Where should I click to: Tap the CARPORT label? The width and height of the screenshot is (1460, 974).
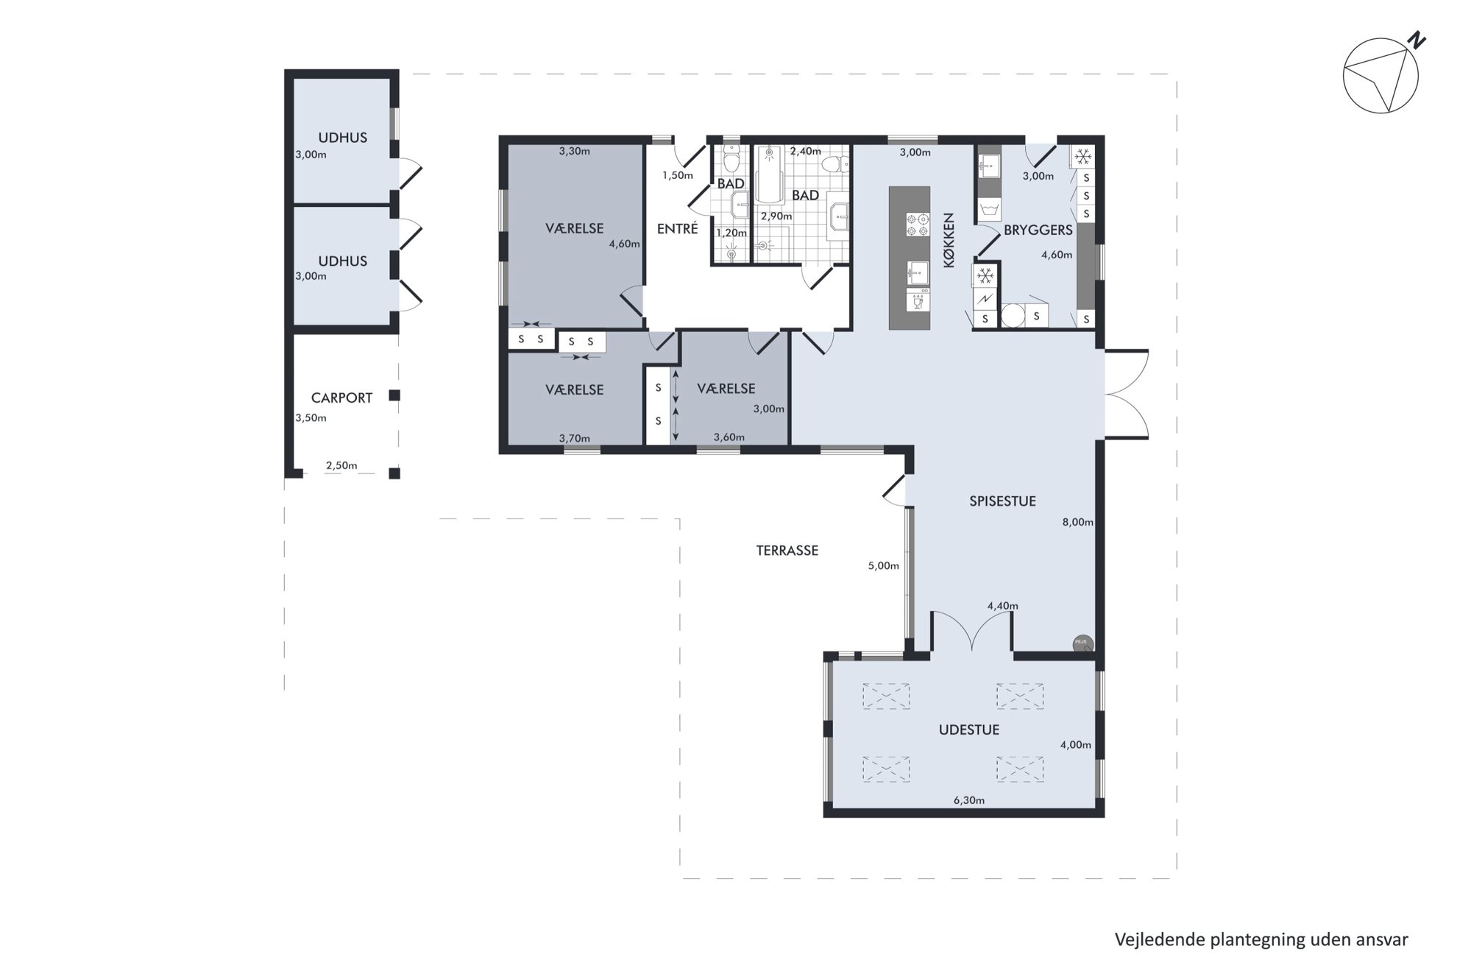pyautogui.click(x=341, y=398)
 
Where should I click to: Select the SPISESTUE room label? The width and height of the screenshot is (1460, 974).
pyautogui.click(x=1002, y=501)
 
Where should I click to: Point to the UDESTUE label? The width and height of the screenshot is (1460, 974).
pyautogui.click(x=969, y=730)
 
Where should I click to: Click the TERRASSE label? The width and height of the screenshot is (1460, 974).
pyautogui.click(x=787, y=551)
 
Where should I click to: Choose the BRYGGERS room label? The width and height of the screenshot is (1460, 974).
pyautogui.click(x=1038, y=230)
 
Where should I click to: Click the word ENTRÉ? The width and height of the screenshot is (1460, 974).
pyautogui.click(x=677, y=229)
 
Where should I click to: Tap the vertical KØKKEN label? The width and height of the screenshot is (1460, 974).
pyautogui.click(x=949, y=240)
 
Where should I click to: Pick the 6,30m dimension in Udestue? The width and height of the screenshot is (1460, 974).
pyautogui.click(x=969, y=800)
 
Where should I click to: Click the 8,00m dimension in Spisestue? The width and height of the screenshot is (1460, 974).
pyautogui.click(x=1077, y=522)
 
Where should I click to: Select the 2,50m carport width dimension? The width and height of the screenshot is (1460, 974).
pyautogui.click(x=341, y=465)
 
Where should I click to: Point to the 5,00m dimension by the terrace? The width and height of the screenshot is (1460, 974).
pyautogui.click(x=884, y=566)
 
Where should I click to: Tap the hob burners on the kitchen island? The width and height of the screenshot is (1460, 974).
pyautogui.click(x=917, y=224)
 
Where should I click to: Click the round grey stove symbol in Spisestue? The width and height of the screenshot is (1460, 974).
pyautogui.click(x=1082, y=644)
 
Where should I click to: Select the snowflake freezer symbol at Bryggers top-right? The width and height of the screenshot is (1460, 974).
pyautogui.click(x=1082, y=156)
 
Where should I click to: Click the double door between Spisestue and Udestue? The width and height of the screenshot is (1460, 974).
pyautogui.click(x=972, y=632)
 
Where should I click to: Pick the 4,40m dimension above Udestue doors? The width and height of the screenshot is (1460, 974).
pyautogui.click(x=1003, y=607)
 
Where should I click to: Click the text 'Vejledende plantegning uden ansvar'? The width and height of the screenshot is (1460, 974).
pyautogui.click(x=1261, y=940)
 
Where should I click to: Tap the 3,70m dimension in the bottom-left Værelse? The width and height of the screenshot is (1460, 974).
pyautogui.click(x=575, y=439)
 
